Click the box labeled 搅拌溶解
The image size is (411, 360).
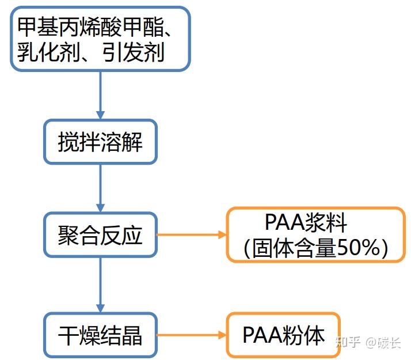click(x=100, y=142)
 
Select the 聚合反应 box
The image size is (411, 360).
click(x=100, y=235)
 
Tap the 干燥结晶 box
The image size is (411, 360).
click(x=100, y=335)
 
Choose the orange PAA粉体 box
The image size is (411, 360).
click(x=283, y=335)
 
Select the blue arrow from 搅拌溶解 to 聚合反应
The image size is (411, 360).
click(x=100, y=188)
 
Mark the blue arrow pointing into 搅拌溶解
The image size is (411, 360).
click(x=100, y=95)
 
